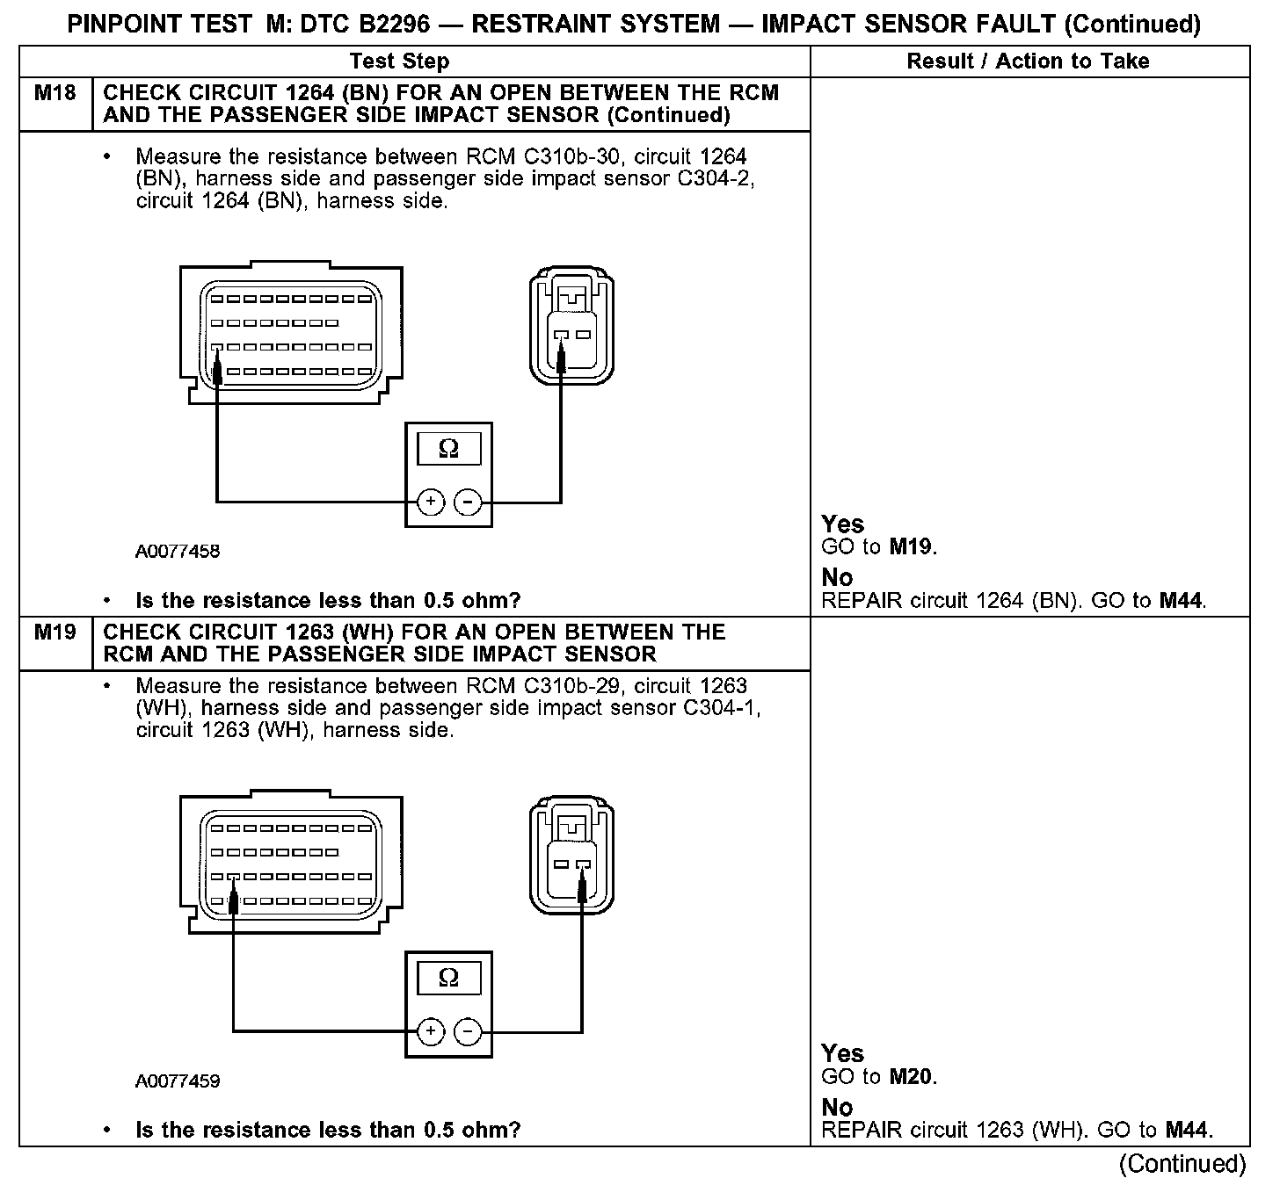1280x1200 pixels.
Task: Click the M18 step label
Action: [55, 92]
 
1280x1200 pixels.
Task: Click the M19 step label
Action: [55, 632]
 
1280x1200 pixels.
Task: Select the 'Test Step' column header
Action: [399, 61]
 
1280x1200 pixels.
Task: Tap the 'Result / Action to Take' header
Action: [1028, 61]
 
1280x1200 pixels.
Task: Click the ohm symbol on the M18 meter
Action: [448, 449]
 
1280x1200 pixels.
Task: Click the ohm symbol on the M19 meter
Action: [448, 978]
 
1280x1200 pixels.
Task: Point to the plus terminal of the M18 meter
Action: [430, 502]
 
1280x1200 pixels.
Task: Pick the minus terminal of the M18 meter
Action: [468, 502]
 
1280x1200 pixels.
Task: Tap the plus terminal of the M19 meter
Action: [430, 1030]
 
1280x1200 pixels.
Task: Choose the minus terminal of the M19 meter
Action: [468, 1030]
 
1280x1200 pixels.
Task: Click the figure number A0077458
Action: [178, 552]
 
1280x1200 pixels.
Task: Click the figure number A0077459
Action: [178, 1081]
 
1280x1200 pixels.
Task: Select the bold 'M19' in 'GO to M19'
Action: [911, 547]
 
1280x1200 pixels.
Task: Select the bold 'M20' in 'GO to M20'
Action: [911, 1076]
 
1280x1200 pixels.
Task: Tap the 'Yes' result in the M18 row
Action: [842, 524]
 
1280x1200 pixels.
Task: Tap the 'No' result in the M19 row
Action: [837, 1107]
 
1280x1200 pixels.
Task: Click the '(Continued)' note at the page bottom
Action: [1182, 1164]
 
